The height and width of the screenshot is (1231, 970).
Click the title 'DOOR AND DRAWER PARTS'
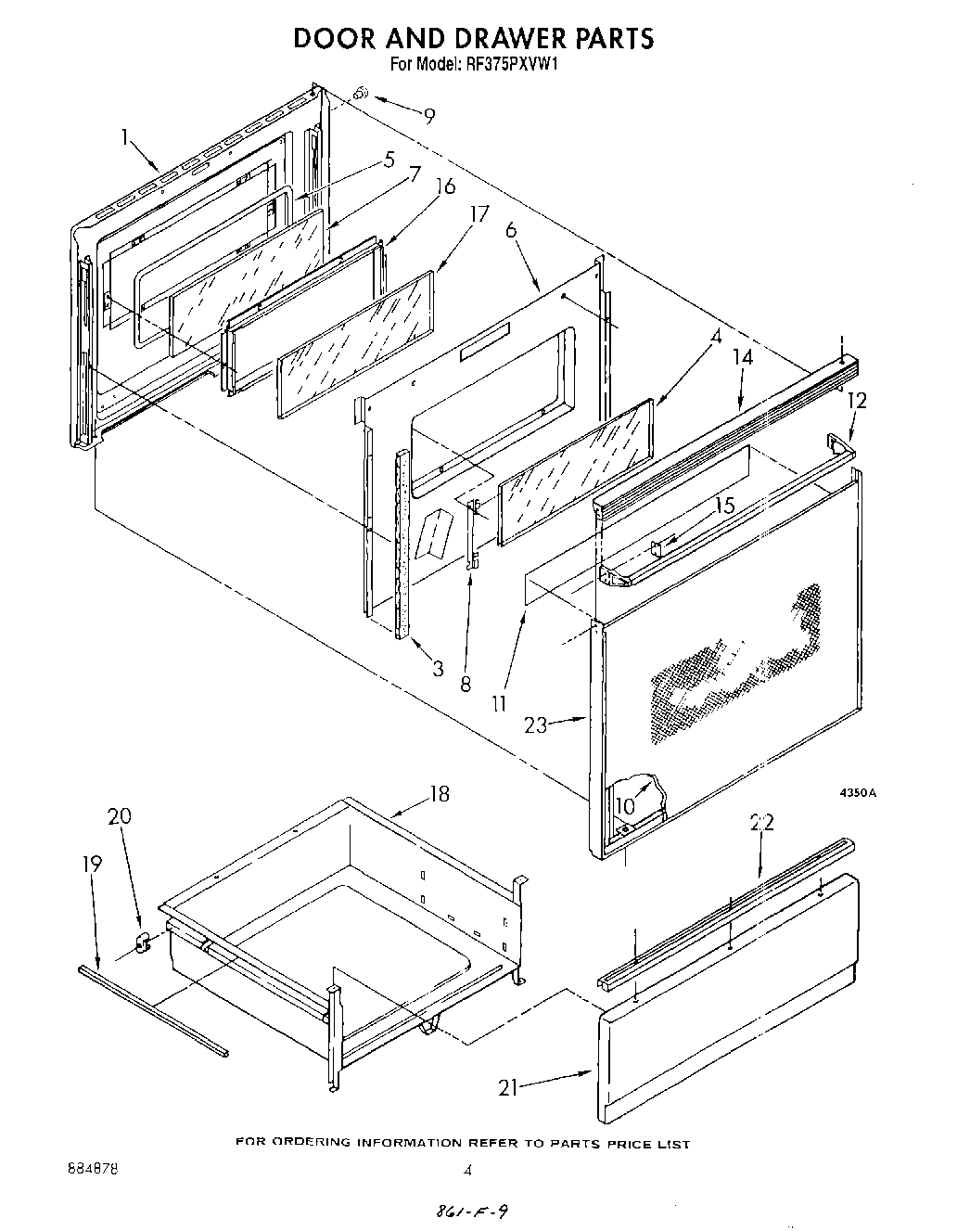(x=474, y=38)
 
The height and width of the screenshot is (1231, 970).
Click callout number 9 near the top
(x=428, y=116)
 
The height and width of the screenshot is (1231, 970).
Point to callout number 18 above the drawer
(x=439, y=794)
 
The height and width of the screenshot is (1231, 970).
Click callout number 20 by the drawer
(x=119, y=816)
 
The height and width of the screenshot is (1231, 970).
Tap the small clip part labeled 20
(x=143, y=944)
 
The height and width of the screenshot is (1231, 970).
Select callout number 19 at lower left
(x=91, y=863)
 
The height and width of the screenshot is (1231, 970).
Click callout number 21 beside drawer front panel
(x=507, y=1088)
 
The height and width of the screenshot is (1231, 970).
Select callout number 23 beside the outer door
(x=535, y=726)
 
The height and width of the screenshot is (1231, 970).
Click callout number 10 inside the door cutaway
(x=625, y=805)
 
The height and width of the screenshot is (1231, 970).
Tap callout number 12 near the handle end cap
(x=857, y=400)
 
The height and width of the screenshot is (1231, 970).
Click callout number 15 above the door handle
(x=724, y=506)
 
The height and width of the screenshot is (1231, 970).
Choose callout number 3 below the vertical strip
(x=438, y=668)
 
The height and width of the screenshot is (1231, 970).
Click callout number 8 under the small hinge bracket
(x=466, y=684)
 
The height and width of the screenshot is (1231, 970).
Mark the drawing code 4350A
(x=858, y=793)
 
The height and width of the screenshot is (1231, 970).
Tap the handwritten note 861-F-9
(x=472, y=1212)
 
